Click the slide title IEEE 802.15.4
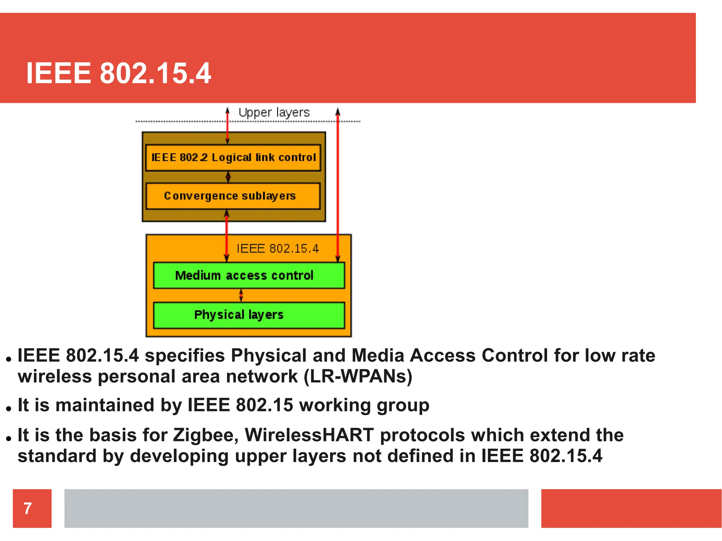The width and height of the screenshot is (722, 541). point(118,73)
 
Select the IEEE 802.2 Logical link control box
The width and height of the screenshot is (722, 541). point(233,157)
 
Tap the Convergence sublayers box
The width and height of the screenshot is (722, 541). point(233,196)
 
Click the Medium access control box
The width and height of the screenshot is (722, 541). point(249,275)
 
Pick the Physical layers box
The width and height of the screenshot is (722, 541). point(249,315)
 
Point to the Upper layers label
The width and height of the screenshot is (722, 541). point(274,113)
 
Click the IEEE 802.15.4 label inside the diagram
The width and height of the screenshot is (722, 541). point(277,249)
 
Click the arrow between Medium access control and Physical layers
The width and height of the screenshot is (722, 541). point(241,295)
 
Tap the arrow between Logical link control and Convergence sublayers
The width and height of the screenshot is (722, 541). point(228,177)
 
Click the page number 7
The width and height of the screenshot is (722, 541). point(28,508)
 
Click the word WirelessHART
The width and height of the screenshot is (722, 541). point(309,435)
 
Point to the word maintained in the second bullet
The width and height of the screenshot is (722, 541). point(105,405)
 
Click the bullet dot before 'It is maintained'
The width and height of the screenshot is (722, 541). point(9,409)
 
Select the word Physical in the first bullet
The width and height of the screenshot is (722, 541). point(269,355)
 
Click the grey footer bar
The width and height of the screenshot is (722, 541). point(296,508)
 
